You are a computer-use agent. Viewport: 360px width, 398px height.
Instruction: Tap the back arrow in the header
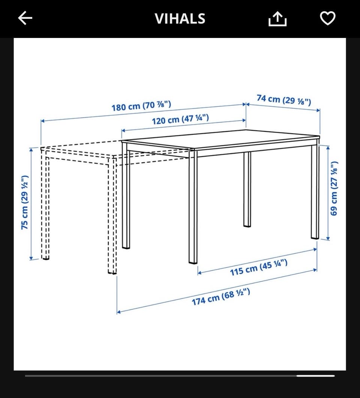pyautogui.click(x=25, y=18)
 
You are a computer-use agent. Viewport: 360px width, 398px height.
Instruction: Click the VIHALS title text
pyautogui.click(x=180, y=18)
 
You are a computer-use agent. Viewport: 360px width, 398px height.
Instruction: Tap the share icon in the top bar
pyautogui.click(x=277, y=18)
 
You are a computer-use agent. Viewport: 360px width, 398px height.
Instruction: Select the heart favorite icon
pyautogui.click(x=327, y=18)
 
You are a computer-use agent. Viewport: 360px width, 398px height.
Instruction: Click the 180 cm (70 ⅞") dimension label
pyautogui.click(x=141, y=106)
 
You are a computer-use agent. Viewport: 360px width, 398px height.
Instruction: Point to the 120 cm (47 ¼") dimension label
pyautogui.click(x=180, y=119)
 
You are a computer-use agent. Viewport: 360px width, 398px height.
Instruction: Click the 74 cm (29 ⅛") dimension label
pyautogui.click(x=284, y=100)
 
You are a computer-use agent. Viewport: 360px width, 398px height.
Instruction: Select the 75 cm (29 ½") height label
pyautogui.click(x=25, y=202)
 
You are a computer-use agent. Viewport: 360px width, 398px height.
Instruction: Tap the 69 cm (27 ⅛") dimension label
pyautogui.click(x=334, y=188)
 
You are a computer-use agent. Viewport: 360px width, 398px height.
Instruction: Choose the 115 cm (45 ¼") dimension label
pyautogui.click(x=259, y=267)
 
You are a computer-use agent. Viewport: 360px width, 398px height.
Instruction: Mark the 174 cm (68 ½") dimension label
pyautogui.click(x=221, y=297)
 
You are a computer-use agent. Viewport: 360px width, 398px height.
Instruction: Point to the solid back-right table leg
pyautogui.click(x=315, y=191)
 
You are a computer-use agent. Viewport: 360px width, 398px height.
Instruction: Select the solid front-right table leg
pyautogui.click(x=193, y=207)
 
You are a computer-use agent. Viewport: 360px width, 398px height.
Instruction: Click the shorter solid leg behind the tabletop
pyautogui.click(x=247, y=189)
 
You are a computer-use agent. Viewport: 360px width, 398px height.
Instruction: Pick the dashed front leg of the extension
pyautogui.click(x=112, y=216)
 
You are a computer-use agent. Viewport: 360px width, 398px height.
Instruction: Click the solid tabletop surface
pyautogui.click(x=220, y=139)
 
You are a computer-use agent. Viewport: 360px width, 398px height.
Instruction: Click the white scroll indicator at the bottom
pyautogui.click(x=316, y=376)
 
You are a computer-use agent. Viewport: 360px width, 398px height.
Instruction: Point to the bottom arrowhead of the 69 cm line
pyautogui.click(x=328, y=238)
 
